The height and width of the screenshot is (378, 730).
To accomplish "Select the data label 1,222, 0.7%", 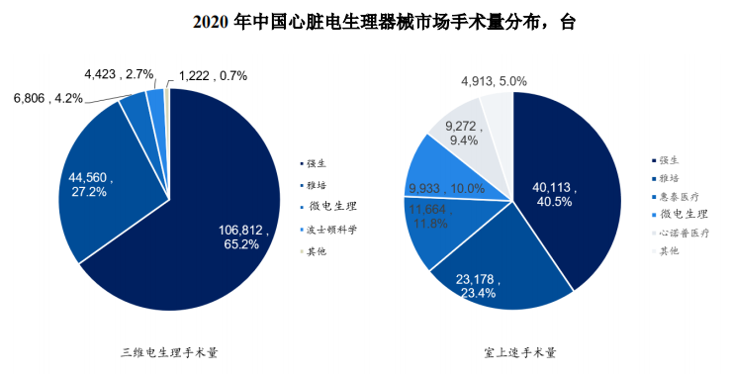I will click(x=213, y=76).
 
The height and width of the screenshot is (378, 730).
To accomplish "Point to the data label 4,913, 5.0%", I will click(x=494, y=81).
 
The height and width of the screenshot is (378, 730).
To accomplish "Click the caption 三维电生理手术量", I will click(x=169, y=351).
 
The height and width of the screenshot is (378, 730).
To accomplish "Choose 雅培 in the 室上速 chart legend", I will click(x=673, y=178).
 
